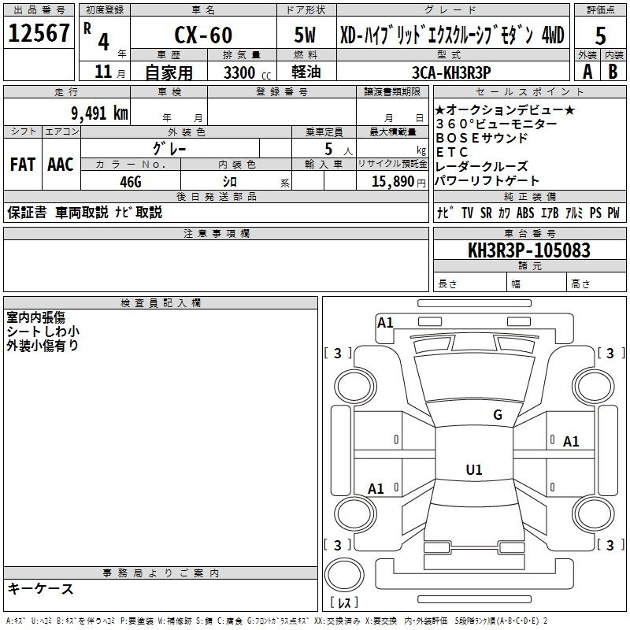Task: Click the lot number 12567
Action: point(39,33)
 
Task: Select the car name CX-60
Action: point(203,35)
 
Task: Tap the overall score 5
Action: point(600,35)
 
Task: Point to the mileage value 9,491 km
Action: point(100,113)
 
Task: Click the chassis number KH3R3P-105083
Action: point(529,250)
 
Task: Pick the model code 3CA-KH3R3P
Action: point(451,72)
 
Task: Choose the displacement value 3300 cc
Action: point(247,73)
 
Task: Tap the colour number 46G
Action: point(131,182)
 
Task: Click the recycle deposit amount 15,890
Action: point(393,182)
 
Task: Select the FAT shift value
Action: point(23,165)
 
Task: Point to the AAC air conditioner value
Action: point(61,165)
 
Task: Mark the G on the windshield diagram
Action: point(498,415)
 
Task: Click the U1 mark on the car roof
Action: point(474,469)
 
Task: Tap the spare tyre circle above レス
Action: point(344,575)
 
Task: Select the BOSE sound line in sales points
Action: point(481,139)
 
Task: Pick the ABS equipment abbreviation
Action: point(525,213)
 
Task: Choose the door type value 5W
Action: point(305,35)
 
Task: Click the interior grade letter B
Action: point(613,72)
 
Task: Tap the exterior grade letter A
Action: point(587,72)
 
